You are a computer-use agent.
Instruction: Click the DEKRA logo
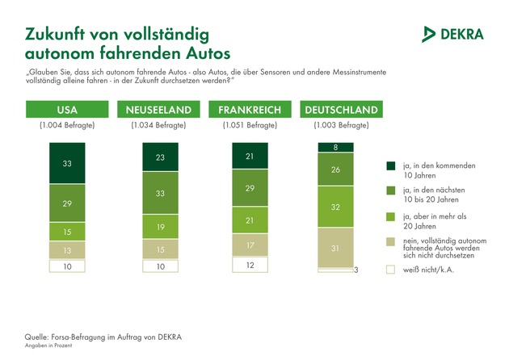click(x=453, y=33)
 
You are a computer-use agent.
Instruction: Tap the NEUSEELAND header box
click(x=158, y=110)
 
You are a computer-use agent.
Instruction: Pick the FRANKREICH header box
click(x=250, y=110)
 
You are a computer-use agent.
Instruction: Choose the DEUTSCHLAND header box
click(x=340, y=110)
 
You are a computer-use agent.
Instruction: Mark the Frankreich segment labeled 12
click(x=250, y=265)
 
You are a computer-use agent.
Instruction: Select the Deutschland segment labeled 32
click(x=334, y=206)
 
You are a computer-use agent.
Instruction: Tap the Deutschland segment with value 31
click(x=334, y=248)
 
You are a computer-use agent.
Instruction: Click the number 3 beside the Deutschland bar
click(x=356, y=270)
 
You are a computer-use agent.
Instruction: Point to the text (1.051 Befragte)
click(x=249, y=126)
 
